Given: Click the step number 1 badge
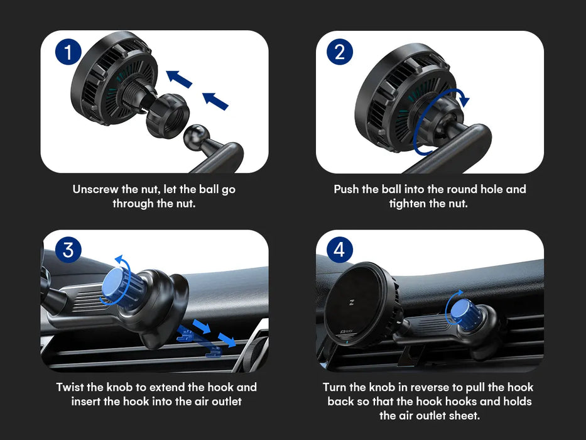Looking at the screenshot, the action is pyautogui.click(x=68, y=52).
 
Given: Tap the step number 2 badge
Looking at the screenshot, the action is pyautogui.click(x=340, y=52).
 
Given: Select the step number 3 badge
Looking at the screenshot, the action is pyautogui.click(x=68, y=250).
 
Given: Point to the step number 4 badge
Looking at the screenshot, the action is pyautogui.click(x=340, y=250).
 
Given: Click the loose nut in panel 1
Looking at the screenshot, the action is pyautogui.click(x=168, y=115).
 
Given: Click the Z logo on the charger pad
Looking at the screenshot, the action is pyautogui.click(x=351, y=303).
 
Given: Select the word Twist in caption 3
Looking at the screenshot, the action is pyautogui.click(x=70, y=387).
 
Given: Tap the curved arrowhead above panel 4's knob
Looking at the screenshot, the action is pyautogui.click(x=460, y=292).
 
